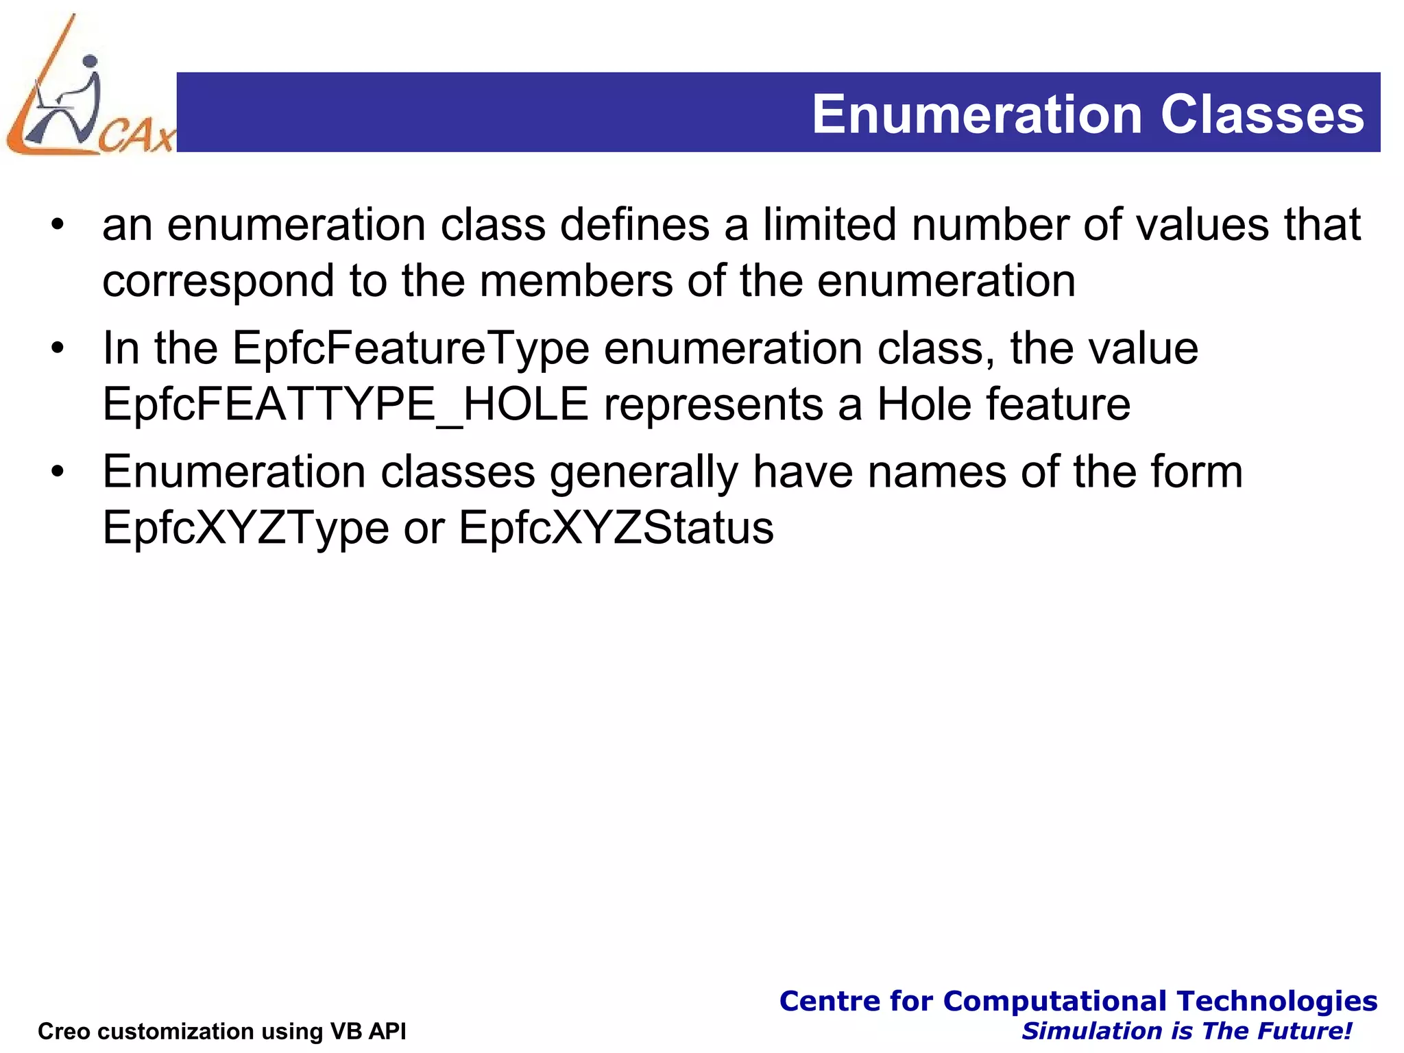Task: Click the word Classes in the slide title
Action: tap(1262, 114)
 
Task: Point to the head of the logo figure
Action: tap(90, 61)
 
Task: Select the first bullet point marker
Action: tap(58, 225)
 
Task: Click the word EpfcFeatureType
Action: tap(411, 349)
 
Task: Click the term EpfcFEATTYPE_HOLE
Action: tap(346, 404)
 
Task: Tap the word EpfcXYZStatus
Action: tap(616, 528)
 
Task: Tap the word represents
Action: tap(713, 405)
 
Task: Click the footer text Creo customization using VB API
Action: tap(221, 1031)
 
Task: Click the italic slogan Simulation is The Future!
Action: tap(1187, 1031)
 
